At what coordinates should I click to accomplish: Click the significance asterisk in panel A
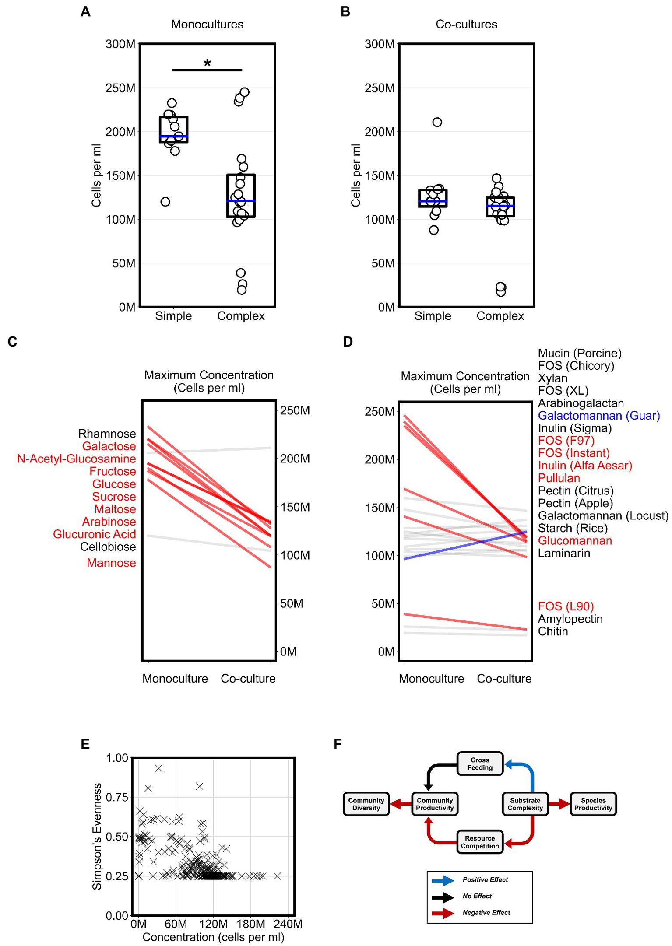207,63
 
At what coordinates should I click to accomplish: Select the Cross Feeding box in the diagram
480,764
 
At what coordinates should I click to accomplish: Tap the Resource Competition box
480,842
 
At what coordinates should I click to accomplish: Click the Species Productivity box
593,804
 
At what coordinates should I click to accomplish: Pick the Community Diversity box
366,804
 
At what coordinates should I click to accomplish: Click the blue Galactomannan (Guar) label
598,416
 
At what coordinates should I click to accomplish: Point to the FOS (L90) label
566,606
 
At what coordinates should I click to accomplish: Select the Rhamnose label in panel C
107,434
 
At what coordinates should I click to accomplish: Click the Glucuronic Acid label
94,534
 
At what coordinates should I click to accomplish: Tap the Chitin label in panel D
553,631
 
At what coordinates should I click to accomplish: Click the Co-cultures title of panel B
466,24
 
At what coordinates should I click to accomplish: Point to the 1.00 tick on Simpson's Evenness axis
117,758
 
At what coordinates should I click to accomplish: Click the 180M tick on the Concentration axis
251,924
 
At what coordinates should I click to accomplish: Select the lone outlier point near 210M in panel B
437,122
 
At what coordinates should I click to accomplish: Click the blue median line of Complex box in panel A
241,201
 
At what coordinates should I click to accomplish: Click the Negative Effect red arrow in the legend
443,913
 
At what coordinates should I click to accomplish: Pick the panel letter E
85,744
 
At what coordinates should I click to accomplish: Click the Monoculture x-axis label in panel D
431,679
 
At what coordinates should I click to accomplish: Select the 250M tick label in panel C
295,410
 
